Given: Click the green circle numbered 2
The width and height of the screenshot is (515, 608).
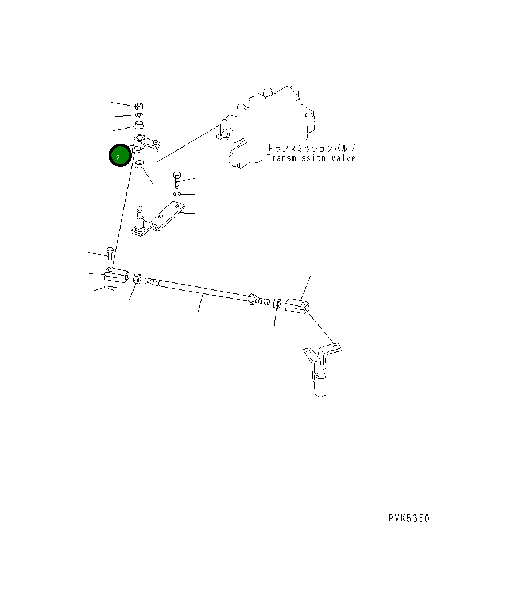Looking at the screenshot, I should click(x=118, y=156).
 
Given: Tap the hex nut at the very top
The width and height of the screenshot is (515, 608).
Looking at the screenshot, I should click(x=140, y=106).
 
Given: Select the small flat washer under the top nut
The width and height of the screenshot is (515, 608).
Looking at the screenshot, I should click(x=139, y=115).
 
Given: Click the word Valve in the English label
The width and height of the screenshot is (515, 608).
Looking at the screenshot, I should click(x=343, y=158).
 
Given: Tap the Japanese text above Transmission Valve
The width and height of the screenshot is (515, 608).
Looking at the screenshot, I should click(x=311, y=148).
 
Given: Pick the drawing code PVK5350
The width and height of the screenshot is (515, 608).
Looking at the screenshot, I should click(x=408, y=518).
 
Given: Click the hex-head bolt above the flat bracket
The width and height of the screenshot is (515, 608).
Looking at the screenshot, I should click(x=177, y=180).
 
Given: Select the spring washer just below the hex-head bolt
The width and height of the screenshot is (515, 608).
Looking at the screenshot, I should click(x=177, y=194).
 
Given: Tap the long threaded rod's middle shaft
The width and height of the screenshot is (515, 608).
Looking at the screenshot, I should click(x=198, y=289).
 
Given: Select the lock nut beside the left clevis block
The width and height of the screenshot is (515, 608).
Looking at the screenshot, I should click(x=137, y=279).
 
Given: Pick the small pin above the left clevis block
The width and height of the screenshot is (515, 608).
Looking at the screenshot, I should click(x=109, y=252).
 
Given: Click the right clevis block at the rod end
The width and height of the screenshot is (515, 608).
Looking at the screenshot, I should click(x=298, y=304).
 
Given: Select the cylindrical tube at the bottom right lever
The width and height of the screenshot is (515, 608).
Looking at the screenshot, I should click(x=320, y=384).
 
